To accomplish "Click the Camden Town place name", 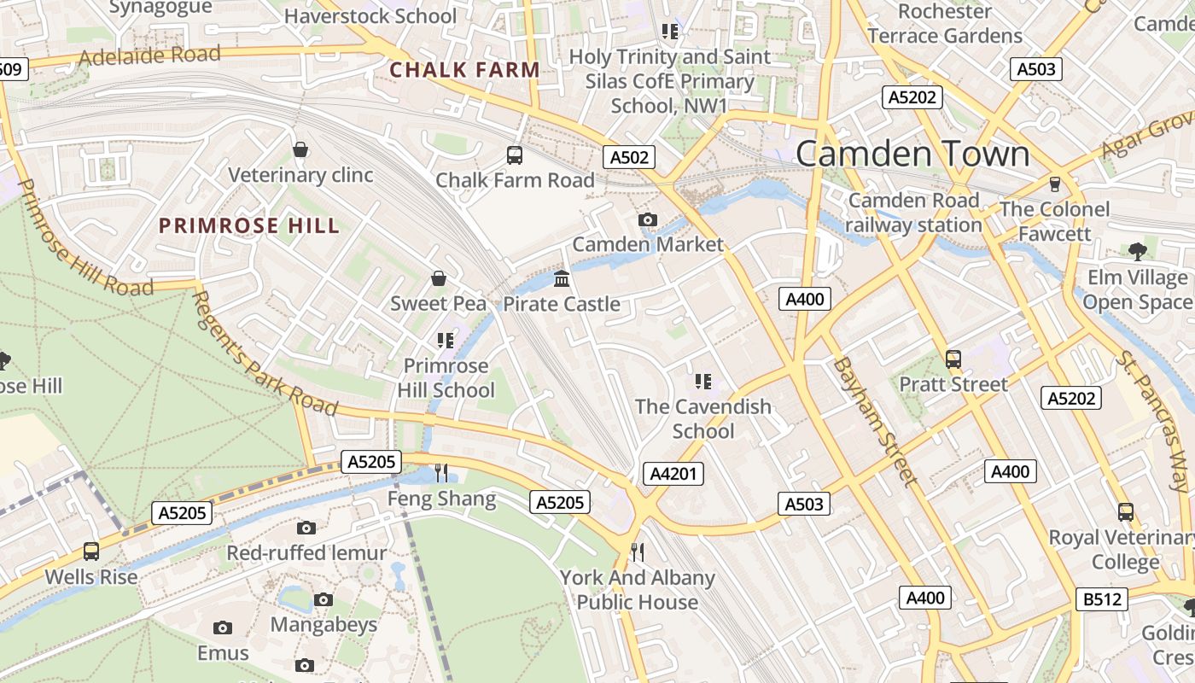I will coord(912,154).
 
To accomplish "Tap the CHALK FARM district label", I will coord(464,70).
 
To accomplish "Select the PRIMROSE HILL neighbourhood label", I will coord(249,226).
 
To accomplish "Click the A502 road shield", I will coord(630,156).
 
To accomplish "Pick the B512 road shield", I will coord(1101,599).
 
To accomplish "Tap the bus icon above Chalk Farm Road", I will coord(515,155).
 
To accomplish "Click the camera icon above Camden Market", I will coord(648,220).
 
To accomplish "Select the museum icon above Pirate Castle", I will coord(562,278).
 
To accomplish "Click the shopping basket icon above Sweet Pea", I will coord(439,278).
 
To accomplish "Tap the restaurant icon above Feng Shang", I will coord(441,472).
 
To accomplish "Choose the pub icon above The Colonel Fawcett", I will coord(1054,184).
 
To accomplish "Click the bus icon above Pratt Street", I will coord(953,359).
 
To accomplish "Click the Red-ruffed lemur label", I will coord(306,553).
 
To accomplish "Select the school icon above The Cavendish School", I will coord(703,381).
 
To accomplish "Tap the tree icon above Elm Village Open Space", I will coord(1136,251).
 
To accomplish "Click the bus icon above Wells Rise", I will coord(91,552).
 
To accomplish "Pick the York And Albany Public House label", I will coord(638,590).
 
